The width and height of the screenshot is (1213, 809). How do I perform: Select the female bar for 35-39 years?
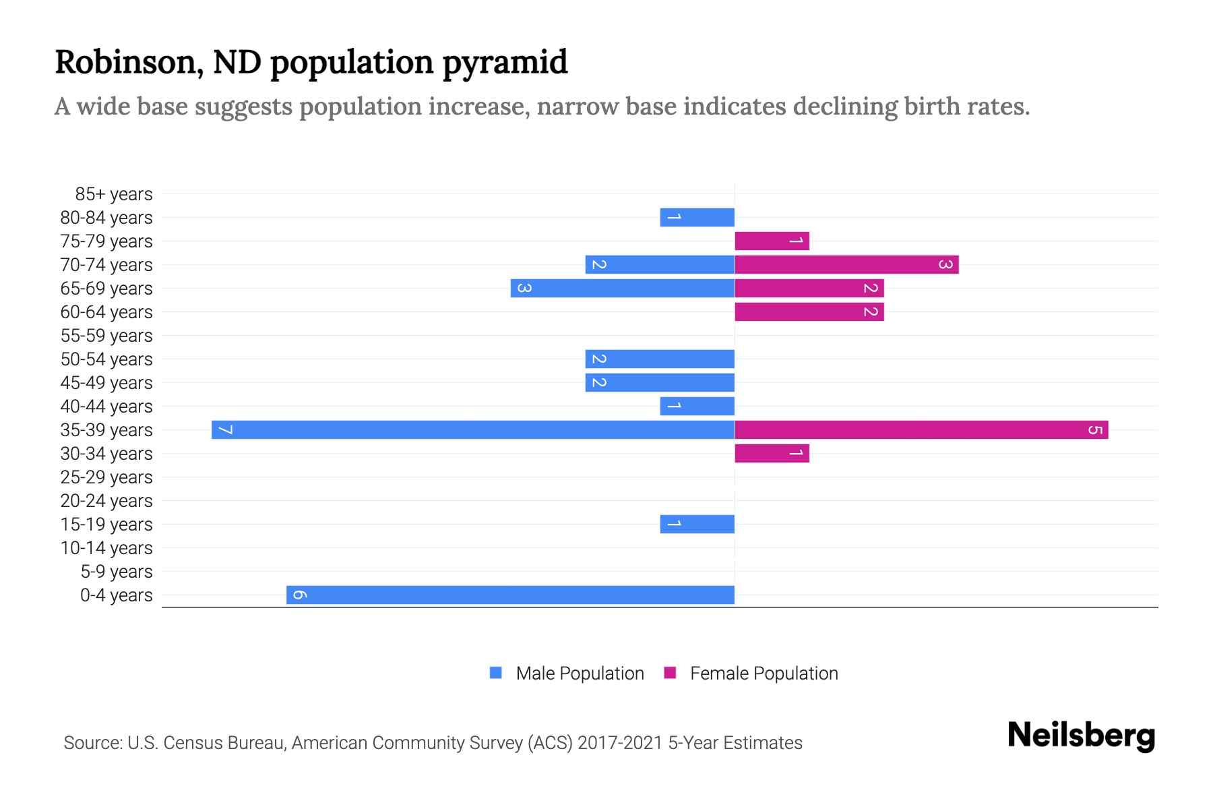[921, 429]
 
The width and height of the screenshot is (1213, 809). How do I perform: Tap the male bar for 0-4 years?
[510, 595]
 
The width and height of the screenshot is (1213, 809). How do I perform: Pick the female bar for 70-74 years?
[846, 264]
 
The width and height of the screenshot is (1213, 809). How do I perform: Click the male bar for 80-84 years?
[697, 217]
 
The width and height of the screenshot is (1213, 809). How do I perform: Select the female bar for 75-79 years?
[772, 241]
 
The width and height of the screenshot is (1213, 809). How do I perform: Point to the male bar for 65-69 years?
[623, 288]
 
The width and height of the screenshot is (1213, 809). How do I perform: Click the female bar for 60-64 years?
[809, 311]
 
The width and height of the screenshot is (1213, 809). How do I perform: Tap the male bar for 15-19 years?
[697, 524]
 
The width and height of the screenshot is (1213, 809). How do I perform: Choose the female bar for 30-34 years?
[772, 453]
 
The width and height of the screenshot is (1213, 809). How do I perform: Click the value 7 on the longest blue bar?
[226, 429]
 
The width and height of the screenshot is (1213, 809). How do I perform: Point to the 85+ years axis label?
[114, 194]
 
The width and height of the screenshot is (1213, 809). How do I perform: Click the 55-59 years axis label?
[106, 336]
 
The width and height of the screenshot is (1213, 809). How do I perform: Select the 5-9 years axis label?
[117, 572]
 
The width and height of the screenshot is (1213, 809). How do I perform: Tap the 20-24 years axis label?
[106, 501]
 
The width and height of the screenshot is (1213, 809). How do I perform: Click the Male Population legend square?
[496, 673]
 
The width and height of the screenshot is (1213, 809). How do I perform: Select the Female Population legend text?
[764, 673]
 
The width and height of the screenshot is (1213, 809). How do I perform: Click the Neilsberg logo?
[1081, 736]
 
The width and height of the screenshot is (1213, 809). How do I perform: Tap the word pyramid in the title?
[505, 62]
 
